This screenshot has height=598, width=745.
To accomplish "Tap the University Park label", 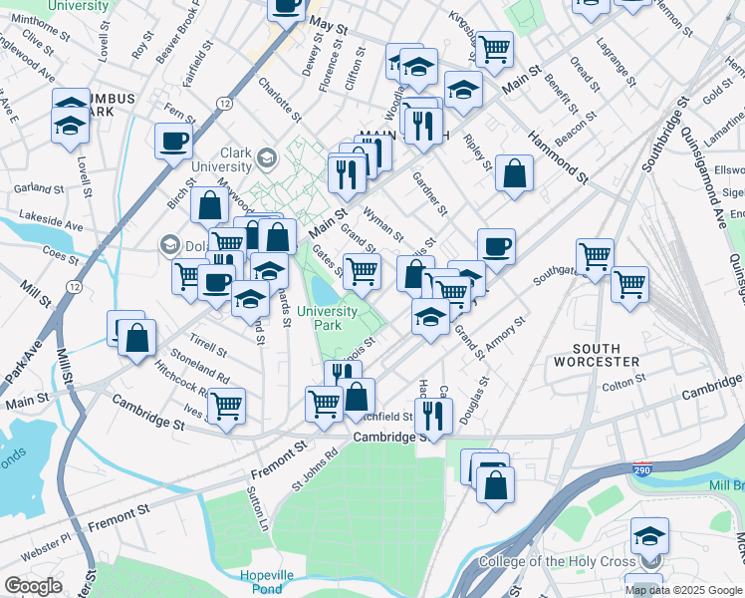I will click(328, 318).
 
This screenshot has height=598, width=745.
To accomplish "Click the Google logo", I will click(33, 586).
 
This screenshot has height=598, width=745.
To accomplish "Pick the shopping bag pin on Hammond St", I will click(514, 173).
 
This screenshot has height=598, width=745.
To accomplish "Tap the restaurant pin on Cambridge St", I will click(433, 414).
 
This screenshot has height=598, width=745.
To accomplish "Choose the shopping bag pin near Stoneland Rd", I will click(136, 338).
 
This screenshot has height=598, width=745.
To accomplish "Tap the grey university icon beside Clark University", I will click(267, 158).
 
